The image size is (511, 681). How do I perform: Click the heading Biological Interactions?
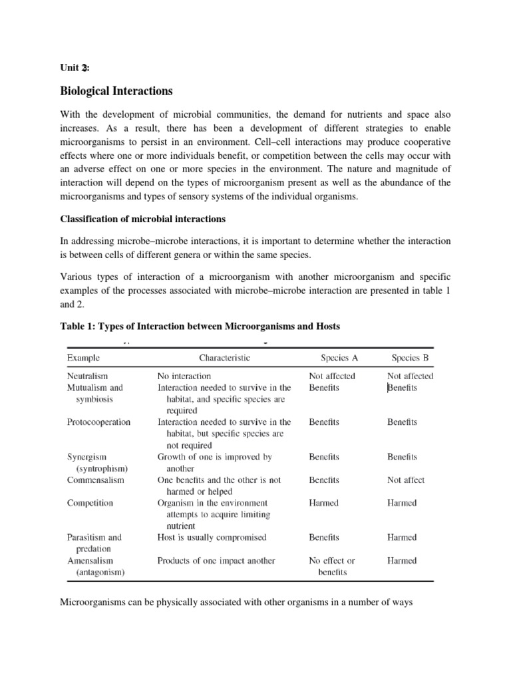117,90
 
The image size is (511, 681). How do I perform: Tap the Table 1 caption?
200,326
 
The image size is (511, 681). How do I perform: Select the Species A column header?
339,358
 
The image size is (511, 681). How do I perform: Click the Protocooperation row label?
98,422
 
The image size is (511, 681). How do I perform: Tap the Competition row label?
90,503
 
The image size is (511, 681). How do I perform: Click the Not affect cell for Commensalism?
406,479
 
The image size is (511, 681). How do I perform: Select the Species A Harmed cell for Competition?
324,503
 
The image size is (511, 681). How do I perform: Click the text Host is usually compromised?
212,537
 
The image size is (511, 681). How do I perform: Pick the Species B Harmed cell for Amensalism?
402,561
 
